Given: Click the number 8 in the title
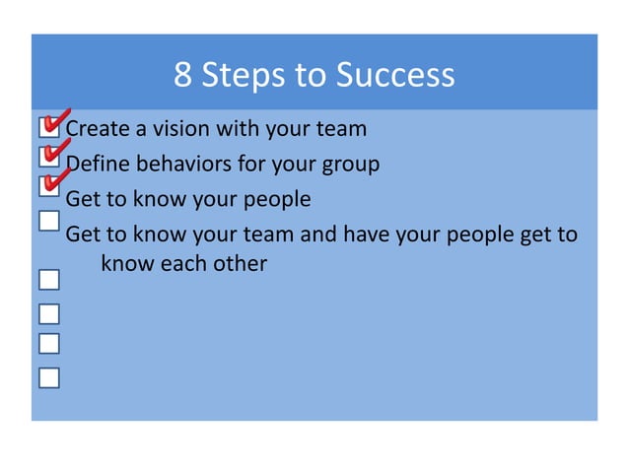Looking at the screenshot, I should point(182,75).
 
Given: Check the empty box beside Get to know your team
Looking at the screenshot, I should point(48,221).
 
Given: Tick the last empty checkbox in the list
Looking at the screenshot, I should point(48,377).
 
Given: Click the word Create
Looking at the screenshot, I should point(98,128).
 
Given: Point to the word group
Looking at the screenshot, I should point(349,165).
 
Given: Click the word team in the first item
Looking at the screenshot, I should point(340,128).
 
